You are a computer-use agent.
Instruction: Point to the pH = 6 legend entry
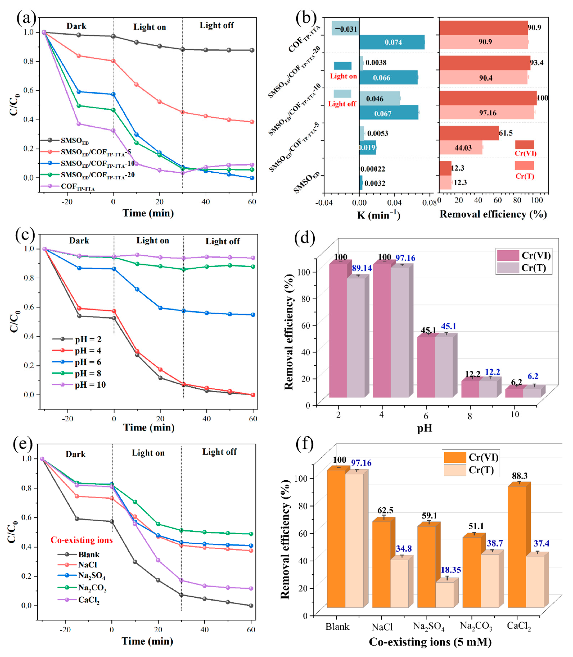click(88, 362)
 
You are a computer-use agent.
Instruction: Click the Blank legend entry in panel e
click(89, 554)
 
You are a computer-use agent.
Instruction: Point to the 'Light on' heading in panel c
click(153, 241)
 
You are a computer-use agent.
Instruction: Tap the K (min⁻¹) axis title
click(379, 215)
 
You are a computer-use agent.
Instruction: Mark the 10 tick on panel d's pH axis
click(515, 414)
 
